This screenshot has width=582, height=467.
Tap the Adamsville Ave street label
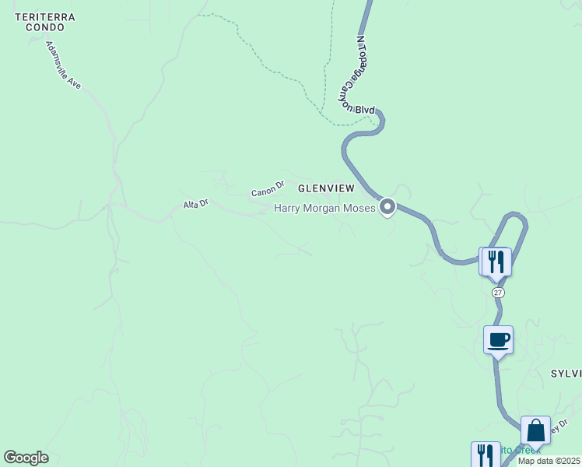(64, 65)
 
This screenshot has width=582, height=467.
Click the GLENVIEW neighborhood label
(326, 188)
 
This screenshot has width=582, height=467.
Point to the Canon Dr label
(268, 188)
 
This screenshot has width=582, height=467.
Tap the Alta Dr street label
(195, 204)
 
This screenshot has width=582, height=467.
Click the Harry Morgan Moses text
(324, 208)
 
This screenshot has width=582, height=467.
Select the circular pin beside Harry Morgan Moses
(387, 208)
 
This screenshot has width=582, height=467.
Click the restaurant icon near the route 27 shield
(496, 261)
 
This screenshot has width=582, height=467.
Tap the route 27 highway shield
(498, 293)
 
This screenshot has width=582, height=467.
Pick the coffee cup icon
(498, 339)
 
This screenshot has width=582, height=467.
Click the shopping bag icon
(535, 430)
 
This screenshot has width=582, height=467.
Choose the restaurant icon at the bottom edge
(486, 455)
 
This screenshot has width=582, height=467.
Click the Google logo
(26, 458)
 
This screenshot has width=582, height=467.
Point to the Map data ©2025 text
(548, 461)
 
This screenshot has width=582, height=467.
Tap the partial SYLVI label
(566, 374)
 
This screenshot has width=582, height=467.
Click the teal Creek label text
(523, 450)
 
